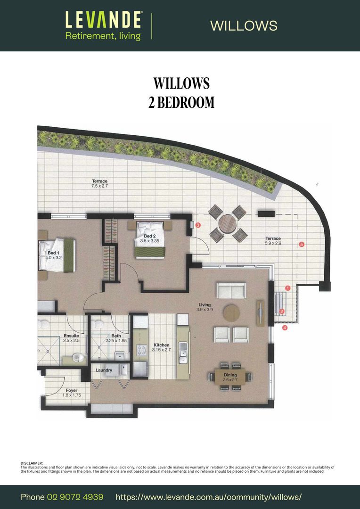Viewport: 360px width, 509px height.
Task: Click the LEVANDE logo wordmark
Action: click(103, 19)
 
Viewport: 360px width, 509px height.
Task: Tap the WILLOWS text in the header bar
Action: click(244, 25)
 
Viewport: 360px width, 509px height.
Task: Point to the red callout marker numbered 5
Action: click(301, 244)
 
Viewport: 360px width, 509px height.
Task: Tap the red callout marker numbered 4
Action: click(285, 328)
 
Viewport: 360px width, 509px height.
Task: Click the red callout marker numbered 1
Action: click(288, 288)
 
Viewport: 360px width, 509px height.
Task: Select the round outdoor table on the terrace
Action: click(228, 224)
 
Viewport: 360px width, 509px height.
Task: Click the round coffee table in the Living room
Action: click(231, 313)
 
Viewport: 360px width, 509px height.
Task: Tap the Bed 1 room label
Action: click(54, 255)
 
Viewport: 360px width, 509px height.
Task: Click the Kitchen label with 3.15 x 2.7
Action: click(161, 347)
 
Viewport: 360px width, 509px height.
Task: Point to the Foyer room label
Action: click(72, 393)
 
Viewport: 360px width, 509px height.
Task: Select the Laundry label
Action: click(104, 370)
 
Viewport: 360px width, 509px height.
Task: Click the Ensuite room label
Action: click(72, 338)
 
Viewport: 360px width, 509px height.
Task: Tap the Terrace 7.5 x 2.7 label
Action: click(99, 183)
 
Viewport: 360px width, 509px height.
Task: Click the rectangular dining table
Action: click(230, 377)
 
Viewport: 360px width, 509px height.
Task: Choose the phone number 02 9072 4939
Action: click(75, 497)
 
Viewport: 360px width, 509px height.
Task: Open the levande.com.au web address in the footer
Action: click(209, 497)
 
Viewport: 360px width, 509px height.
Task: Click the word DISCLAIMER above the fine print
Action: click(32, 463)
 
